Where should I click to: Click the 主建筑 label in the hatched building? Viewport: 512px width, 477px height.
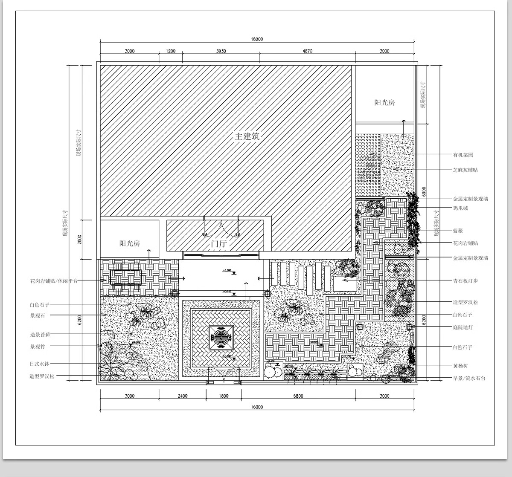(x=247, y=136)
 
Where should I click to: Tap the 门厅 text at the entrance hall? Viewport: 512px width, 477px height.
(x=219, y=244)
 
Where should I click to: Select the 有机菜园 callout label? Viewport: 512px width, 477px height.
(x=463, y=155)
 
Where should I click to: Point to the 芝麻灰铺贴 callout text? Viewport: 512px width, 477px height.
(x=465, y=170)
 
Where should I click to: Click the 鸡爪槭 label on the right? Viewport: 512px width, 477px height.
(x=460, y=208)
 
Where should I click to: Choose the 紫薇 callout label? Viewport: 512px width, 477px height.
(x=458, y=231)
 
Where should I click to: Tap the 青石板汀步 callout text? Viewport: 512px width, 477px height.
(x=465, y=281)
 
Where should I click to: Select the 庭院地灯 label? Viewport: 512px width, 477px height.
(x=463, y=327)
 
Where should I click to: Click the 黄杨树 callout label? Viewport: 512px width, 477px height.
(x=460, y=366)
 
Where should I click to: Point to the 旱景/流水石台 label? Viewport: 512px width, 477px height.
(x=468, y=378)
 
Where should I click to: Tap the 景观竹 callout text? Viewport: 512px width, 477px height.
(x=37, y=347)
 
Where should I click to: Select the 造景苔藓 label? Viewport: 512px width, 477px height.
(x=40, y=335)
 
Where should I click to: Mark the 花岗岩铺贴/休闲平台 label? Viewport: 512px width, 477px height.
(x=54, y=281)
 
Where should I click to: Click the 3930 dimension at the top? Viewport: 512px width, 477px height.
(x=221, y=51)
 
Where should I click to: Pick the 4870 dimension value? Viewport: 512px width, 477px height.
(x=307, y=51)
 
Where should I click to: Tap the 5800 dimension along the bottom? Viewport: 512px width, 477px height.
(x=298, y=396)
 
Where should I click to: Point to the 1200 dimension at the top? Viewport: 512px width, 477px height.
(x=171, y=51)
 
